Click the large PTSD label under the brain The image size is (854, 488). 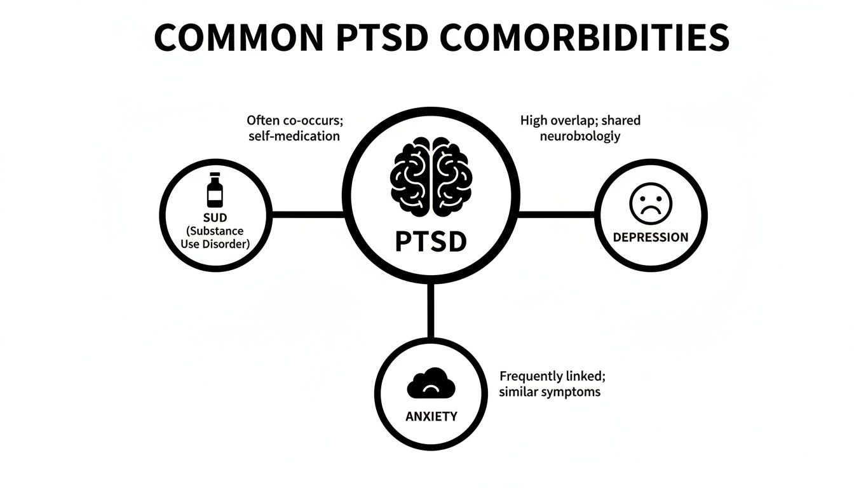pos(431,241)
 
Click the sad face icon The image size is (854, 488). pos(650,205)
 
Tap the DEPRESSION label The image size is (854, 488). pos(650,237)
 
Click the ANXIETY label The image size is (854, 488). pos(431,417)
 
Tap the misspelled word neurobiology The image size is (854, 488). pos(579,137)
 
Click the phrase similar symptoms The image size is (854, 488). pos(550,391)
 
